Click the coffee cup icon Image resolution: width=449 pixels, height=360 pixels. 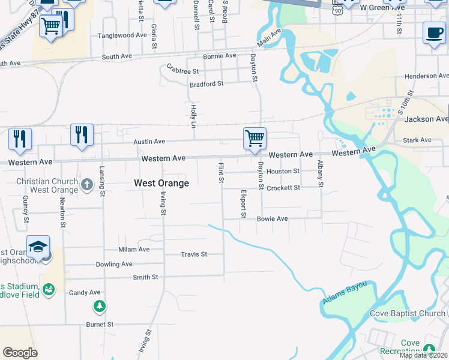tap(434, 32)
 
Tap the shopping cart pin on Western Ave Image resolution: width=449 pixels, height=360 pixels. tap(255, 138)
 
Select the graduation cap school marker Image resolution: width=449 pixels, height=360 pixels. tap(38, 247)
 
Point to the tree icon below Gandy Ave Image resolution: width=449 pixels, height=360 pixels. tap(99, 307)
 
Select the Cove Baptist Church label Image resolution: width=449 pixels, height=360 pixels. tap(407, 313)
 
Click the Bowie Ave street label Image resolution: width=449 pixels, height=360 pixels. tap(272, 219)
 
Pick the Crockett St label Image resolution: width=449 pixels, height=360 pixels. tap(283, 188)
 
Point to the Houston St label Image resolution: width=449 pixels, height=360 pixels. tap(283, 172)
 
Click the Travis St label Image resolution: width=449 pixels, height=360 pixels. tap(194, 254)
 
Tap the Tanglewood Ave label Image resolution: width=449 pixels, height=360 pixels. tap(122, 35)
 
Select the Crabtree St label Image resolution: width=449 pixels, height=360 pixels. tap(182, 70)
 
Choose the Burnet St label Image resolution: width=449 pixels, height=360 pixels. tap(100, 325)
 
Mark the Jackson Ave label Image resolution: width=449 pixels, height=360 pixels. tap(426, 119)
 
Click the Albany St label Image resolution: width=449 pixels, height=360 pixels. tap(321, 173)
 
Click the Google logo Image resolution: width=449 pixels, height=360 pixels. tap(20, 353)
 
